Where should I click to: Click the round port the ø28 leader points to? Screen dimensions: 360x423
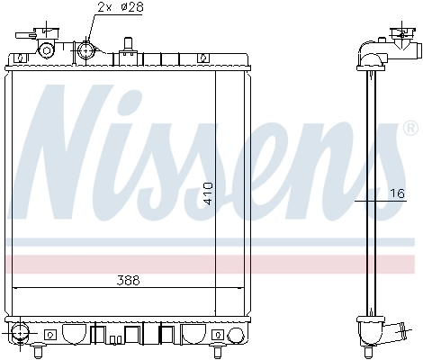tap(85, 49)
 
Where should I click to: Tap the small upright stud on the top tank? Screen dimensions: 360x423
tap(128, 44)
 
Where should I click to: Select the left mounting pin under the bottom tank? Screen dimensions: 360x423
tap(42, 348)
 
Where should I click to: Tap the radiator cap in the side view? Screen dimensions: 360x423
tap(397, 39)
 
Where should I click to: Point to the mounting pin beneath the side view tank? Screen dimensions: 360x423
tap(368, 347)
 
